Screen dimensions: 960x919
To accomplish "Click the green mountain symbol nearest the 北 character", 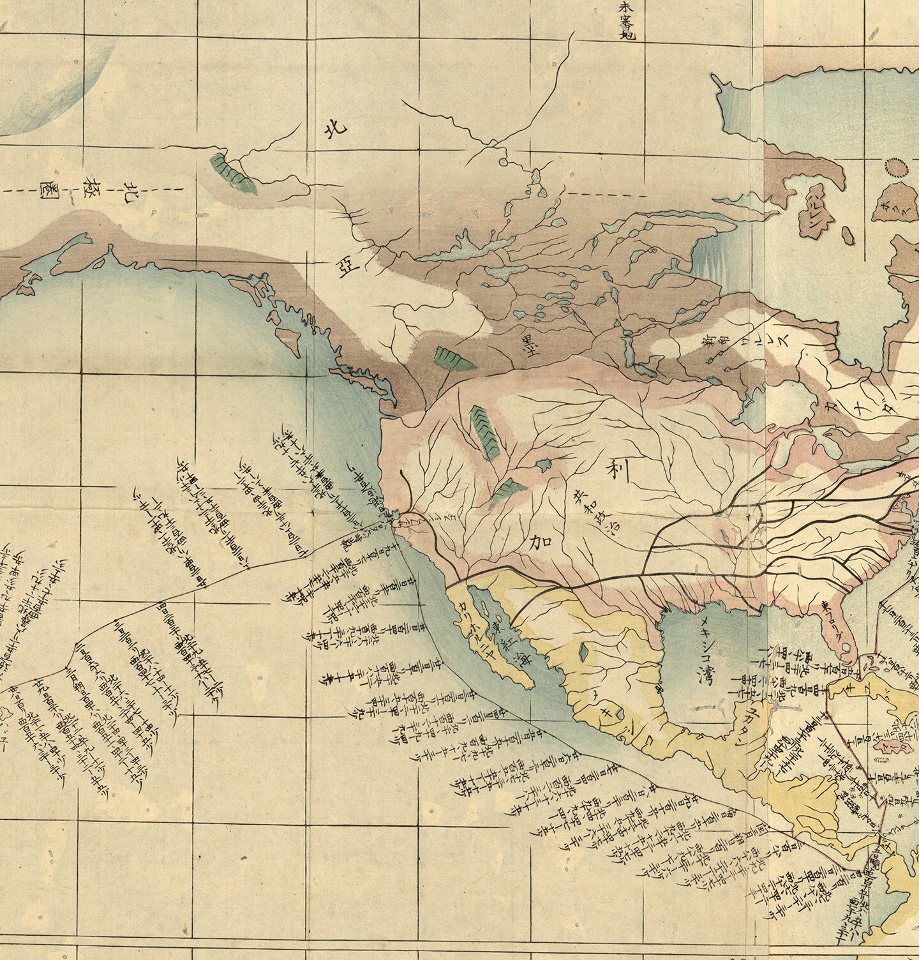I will pyautogui.click(x=234, y=173).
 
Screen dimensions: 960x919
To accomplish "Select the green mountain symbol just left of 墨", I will pyautogui.click(x=454, y=360).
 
